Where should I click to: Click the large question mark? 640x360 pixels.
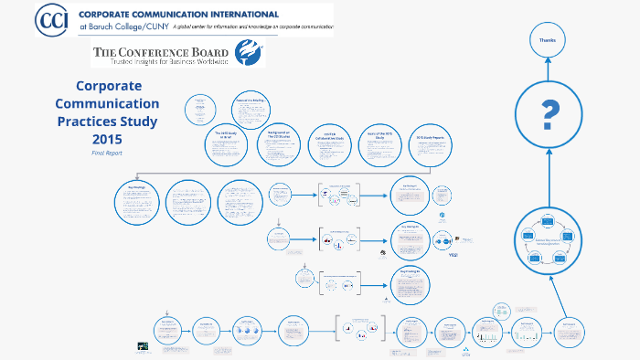pos(549,115)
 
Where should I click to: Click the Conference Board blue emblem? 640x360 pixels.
pos(246,54)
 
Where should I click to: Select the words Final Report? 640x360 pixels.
pos(106,153)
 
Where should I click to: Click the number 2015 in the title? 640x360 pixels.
pos(107,138)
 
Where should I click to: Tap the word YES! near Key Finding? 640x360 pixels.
pos(452,255)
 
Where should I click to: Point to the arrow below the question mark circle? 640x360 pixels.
pos(548,179)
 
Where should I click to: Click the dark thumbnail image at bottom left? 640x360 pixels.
pos(144,346)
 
